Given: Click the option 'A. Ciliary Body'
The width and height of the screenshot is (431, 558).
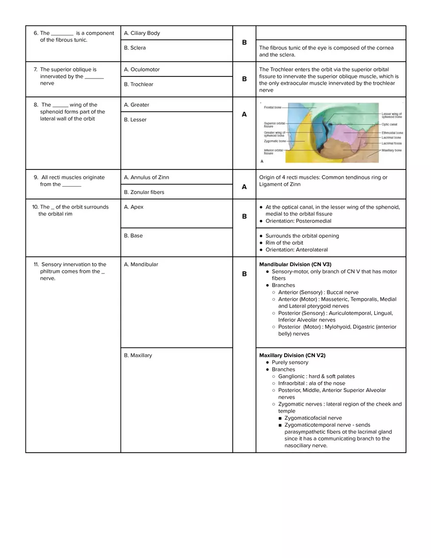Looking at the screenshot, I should click(x=142, y=33).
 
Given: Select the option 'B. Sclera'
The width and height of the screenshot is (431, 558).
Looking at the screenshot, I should click(x=135, y=48).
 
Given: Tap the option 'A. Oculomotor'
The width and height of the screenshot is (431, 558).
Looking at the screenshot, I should click(x=142, y=70).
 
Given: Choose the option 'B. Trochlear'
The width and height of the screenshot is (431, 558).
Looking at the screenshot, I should click(x=139, y=84).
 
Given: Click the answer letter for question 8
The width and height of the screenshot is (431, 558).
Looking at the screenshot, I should click(x=244, y=114).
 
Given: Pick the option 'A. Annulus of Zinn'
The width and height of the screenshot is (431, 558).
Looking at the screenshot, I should click(x=146, y=177).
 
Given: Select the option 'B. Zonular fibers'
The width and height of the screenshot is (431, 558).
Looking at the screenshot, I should click(x=144, y=192).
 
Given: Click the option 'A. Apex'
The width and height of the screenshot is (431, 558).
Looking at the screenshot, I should click(x=134, y=207).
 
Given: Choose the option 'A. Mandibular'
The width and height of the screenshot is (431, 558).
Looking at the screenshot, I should click(x=141, y=265).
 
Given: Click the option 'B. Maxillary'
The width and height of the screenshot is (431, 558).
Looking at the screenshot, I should click(x=138, y=355).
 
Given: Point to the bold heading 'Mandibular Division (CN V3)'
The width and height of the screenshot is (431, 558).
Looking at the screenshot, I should click(x=295, y=265).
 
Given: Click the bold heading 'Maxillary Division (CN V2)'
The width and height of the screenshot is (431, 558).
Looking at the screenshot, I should click(x=292, y=355).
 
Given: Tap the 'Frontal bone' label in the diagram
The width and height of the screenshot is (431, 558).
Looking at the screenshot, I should click(x=272, y=107).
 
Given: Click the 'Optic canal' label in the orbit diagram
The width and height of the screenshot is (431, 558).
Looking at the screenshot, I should click(x=390, y=124).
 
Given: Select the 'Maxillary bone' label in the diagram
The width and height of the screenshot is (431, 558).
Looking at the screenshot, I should click(x=391, y=150).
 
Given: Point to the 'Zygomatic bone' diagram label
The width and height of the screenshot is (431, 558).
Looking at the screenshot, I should click(x=274, y=141).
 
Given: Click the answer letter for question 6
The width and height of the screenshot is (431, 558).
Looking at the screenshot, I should click(x=244, y=43).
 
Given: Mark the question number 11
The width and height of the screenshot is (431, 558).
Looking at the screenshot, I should click(x=37, y=265).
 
